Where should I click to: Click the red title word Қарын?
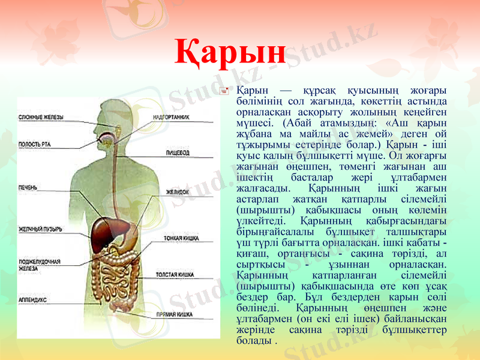pos(230,53)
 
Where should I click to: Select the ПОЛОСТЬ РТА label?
pos(34,144)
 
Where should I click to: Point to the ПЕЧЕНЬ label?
pos(28,188)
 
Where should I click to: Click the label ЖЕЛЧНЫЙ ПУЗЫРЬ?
pos(40,229)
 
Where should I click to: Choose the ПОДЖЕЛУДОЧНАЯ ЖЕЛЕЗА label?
pos(39,265)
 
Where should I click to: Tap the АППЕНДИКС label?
pos(34,298)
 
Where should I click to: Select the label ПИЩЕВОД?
pos(178,153)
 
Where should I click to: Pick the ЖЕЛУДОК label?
pos(178,192)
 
